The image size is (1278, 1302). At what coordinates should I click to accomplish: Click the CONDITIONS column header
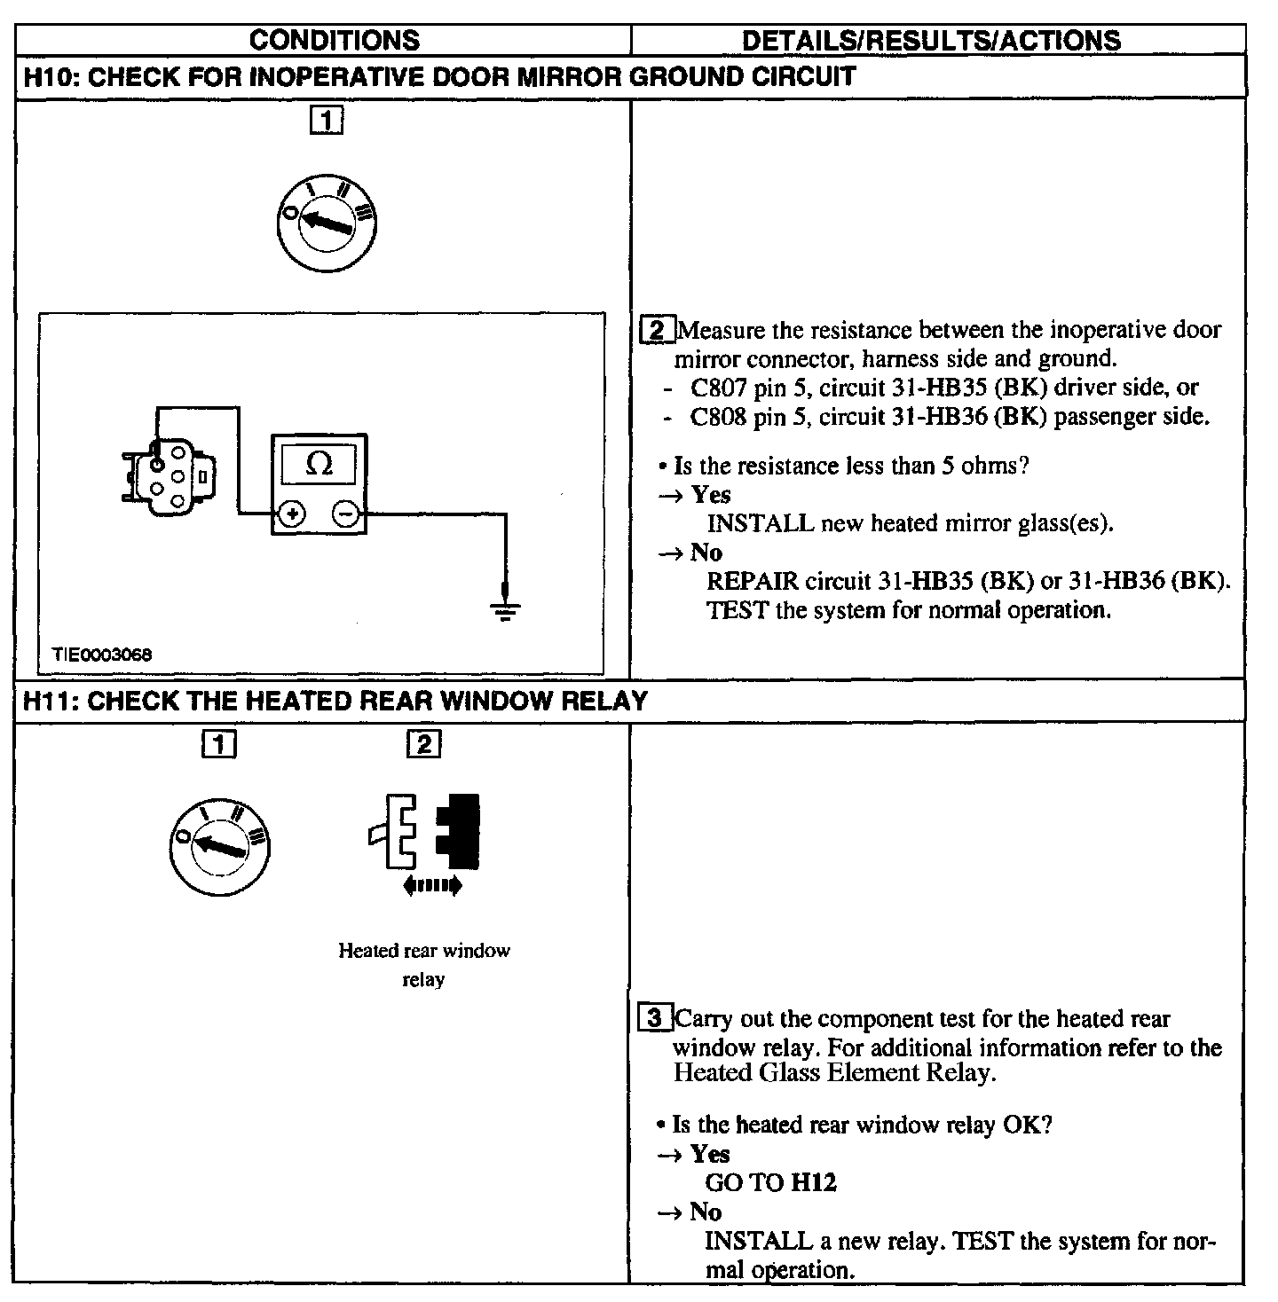(334, 40)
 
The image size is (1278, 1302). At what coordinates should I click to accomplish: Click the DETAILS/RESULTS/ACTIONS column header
(930, 40)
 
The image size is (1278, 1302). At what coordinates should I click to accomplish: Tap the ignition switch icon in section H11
(219, 845)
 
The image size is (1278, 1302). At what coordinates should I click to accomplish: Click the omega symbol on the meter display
(319, 464)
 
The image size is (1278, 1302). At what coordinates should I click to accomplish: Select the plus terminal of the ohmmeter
(293, 514)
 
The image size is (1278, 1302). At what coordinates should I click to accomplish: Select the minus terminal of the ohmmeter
(346, 514)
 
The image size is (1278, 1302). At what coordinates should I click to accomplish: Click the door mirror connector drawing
(168, 476)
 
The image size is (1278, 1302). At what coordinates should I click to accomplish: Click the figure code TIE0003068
(102, 655)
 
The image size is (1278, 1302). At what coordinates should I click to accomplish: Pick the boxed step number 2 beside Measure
(657, 331)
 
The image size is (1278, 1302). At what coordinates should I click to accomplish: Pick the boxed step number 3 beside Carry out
(655, 1018)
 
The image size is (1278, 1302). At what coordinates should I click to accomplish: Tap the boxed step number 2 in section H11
(423, 743)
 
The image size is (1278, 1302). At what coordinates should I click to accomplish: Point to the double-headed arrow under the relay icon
(432, 884)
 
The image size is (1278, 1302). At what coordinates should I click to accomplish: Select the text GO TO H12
(770, 1182)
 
